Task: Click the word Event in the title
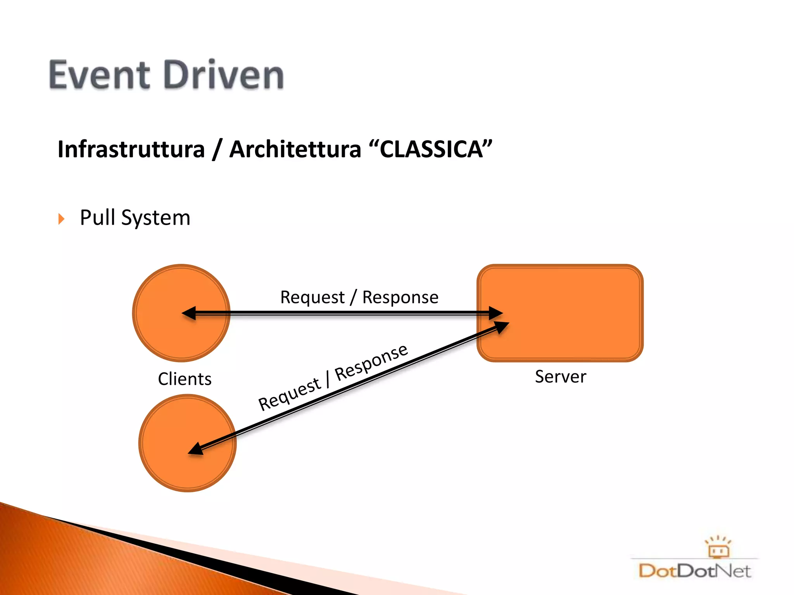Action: click(x=99, y=75)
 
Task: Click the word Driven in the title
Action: click(x=224, y=75)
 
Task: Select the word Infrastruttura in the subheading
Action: click(x=131, y=150)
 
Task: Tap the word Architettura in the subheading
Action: click(x=295, y=150)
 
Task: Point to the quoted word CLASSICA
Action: click(x=431, y=150)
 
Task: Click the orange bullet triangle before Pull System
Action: click(x=61, y=219)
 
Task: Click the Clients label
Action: click(x=185, y=379)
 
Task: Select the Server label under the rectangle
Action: click(x=560, y=377)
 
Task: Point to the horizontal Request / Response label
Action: click(x=359, y=297)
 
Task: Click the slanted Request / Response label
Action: click(x=333, y=378)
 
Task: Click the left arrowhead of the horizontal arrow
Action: click(x=189, y=313)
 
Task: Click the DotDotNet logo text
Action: click(x=694, y=571)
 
